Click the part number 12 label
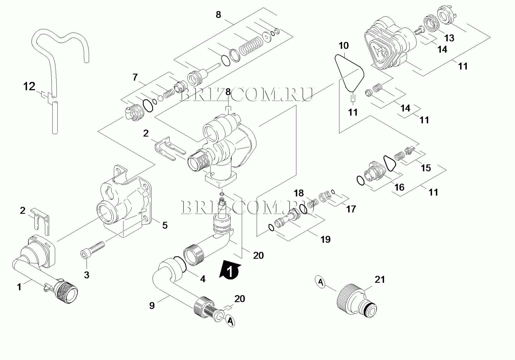point(29,86)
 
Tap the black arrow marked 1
point(230,270)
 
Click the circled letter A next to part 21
point(321,282)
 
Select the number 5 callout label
point(165,225)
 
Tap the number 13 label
point(449,38)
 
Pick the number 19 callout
point(325,239)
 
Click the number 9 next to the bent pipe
point(152,305)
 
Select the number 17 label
point(351,209)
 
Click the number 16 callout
point(399,187)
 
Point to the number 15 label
point(426,168)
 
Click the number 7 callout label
point(135,77)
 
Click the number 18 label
point(299,193)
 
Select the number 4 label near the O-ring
point(203,279)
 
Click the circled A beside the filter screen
point(230,321)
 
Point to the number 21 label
point(380,279)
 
